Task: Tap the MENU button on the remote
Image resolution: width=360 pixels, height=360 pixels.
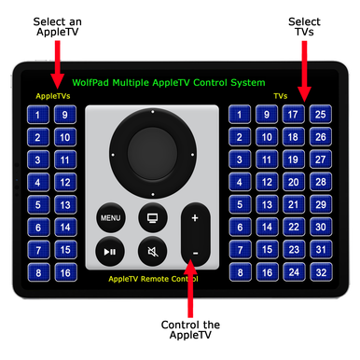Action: click(111, 218)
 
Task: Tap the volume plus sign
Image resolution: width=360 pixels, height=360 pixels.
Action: click(195, 218)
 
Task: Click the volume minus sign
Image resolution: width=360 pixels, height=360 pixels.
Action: click(195, 252)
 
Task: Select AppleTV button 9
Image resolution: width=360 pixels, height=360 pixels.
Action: click(65, 116)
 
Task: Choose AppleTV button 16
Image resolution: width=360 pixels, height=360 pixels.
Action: click(65, 272)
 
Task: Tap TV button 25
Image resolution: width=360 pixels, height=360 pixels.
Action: click(320, 116)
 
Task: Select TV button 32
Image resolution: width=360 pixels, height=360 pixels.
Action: click(320, 272)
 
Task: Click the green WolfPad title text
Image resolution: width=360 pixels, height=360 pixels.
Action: click(181, 83)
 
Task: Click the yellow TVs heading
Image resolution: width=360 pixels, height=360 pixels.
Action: click(280, 96)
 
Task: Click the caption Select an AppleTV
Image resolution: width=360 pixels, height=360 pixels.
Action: click(58, 26)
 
